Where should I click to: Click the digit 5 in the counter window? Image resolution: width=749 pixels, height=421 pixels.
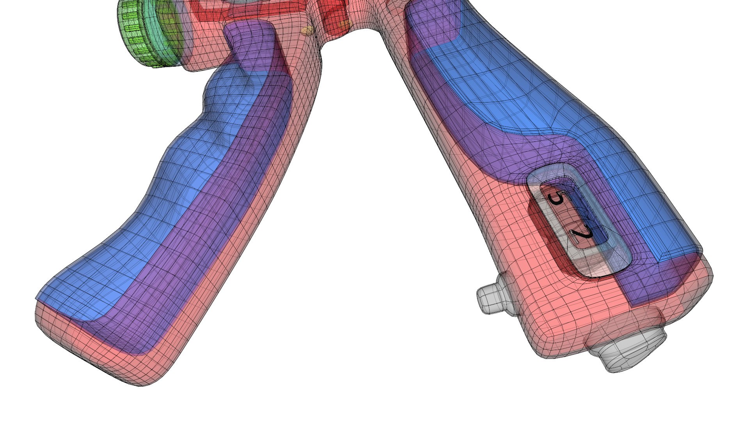pyautogui.click(x=556, y=199)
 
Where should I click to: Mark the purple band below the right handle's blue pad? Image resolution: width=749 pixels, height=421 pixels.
pyautogui.click(x=519, y=144)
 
